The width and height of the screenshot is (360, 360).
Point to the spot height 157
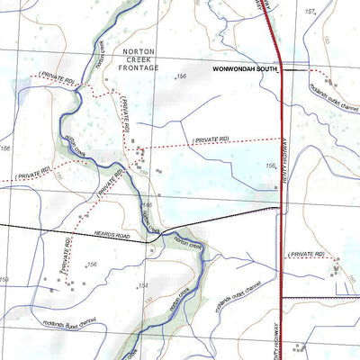(x=311, y=12)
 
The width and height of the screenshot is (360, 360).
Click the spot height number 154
(x=142, y=286)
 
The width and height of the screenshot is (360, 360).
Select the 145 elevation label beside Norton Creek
(x=147, y=205)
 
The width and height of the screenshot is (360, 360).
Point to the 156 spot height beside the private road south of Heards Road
(x=91, y=265)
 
